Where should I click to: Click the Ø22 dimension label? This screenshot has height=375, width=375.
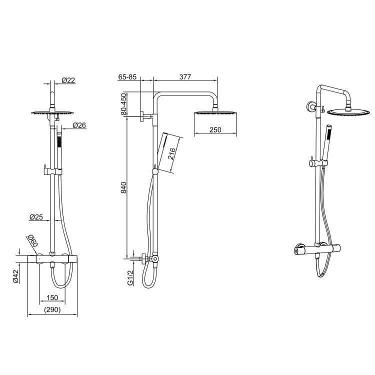tap(68, 80)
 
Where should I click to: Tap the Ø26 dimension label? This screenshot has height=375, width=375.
tap(79, 125)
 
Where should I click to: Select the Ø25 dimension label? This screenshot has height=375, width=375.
tap(36, 217)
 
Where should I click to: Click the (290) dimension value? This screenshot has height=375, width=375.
tap(51, 310)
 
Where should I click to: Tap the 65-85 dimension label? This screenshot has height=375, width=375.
tap(128, 77)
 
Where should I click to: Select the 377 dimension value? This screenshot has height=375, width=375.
tap(185, 77)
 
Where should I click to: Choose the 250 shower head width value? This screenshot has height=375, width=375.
tap(215, 130)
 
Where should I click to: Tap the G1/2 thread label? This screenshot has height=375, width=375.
tap(130, 277)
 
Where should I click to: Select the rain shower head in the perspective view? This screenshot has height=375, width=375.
tap(344, 111)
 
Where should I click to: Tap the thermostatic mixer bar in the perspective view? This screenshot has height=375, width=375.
tap(318, 248)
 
